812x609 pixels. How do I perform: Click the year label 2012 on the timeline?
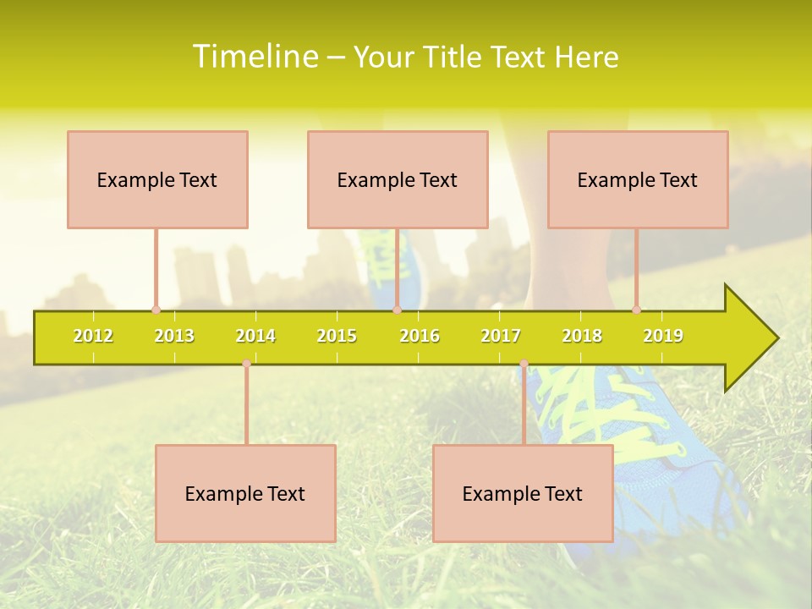(93, 336)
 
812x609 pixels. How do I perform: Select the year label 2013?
(174, 336)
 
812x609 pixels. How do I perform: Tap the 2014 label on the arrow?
(255, 336)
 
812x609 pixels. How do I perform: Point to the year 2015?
(337, 336)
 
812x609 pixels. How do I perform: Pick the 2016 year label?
(420, 336)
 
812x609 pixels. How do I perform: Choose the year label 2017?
(501, 336)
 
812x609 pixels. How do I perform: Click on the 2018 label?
(582, 336)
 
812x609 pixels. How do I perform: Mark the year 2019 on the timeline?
(663, 336)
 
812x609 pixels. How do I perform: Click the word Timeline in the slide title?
(255, 57)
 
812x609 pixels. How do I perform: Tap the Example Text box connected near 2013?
(157, 179)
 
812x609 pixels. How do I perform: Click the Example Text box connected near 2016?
(398, 179)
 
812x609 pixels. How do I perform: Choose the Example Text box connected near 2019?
(638, 179)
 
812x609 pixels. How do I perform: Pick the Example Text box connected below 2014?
(245, 493)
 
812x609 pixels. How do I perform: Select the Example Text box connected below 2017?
(523, 493)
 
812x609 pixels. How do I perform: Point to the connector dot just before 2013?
(156, 310)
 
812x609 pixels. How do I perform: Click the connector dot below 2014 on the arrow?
(246, 364)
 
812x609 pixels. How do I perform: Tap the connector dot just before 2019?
(636, 310)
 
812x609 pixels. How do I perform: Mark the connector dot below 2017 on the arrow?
(524, 364)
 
